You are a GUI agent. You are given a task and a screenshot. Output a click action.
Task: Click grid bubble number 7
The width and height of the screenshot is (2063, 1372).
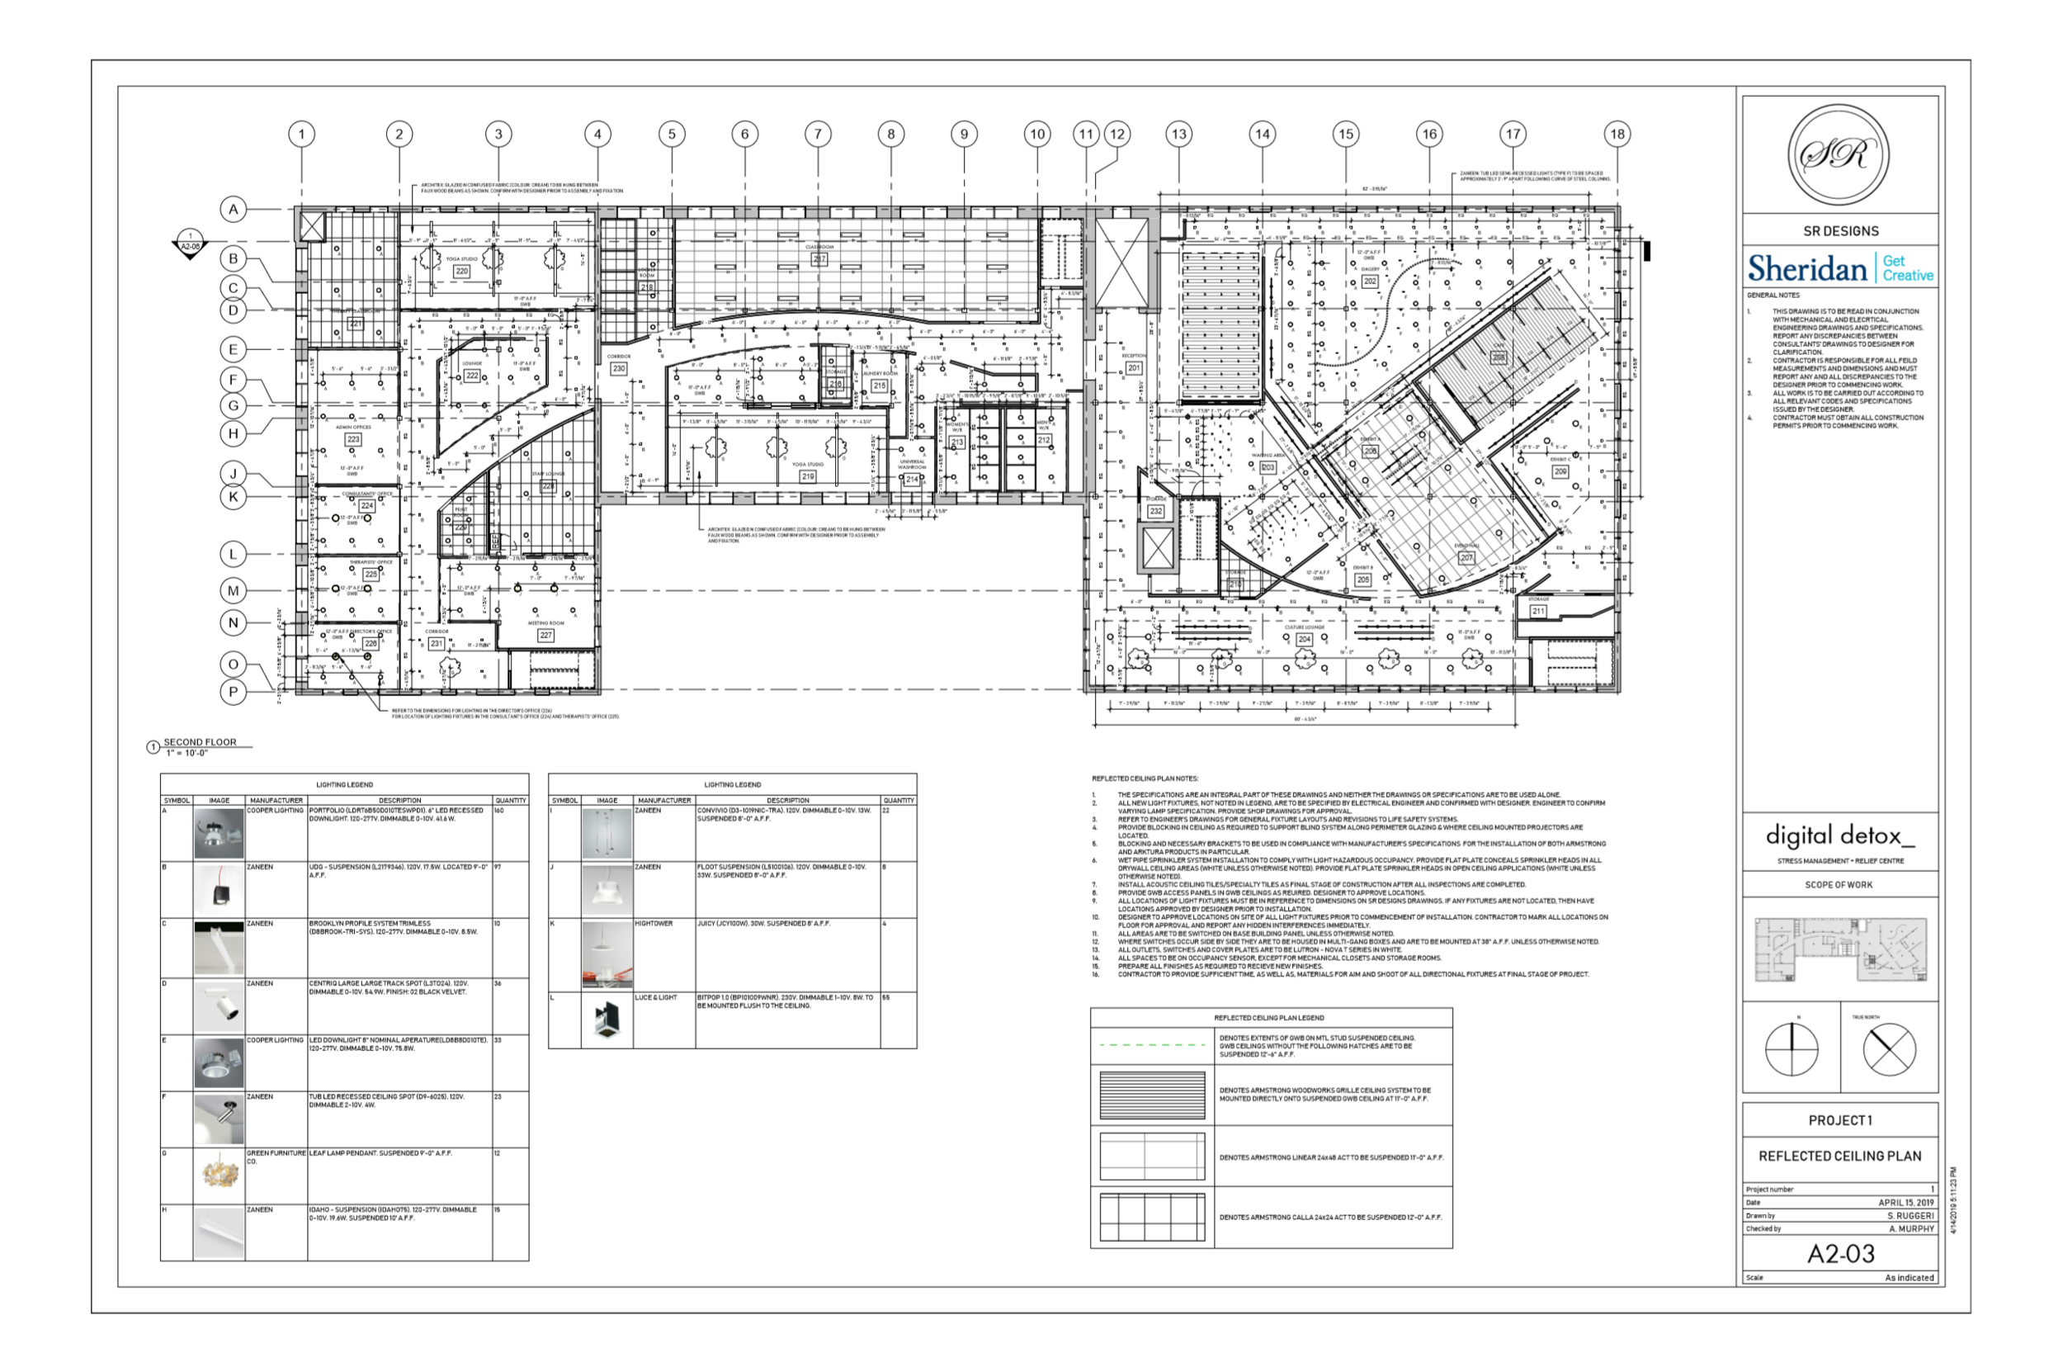pyautogui.click(x=818, y=134)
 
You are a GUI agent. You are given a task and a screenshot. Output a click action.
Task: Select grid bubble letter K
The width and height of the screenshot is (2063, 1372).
pyautogui.click(x=233, y=497)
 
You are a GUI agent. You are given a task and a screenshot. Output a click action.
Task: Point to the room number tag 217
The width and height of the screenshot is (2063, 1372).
pyautogui.click(x=819, y=259)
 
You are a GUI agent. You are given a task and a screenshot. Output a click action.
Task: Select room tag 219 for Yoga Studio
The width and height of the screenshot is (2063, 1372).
pyautogui.click(x=807, y=476)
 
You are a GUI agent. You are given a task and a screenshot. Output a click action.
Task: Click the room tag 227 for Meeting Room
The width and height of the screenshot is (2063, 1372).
pyautogui.click(x=545, y=636)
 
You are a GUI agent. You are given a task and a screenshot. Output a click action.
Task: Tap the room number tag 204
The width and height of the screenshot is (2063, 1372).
pyautogui.click(x=1304, y=639)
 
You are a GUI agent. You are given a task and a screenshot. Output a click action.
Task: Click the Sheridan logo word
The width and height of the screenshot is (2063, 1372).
pyautogui.click(x=1806, y=267)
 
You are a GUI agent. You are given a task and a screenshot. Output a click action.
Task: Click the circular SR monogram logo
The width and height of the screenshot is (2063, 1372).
pyautogui.click(x=1839, y=155)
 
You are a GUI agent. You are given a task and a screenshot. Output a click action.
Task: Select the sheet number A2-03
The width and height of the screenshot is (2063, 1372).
pyautogui.click(x=1840, y=1254)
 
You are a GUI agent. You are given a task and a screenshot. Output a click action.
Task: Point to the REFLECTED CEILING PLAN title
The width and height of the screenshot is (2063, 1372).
pyautogui.click(x=1840, y=1156)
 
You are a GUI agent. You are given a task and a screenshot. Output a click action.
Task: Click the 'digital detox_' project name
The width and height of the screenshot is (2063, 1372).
pyautogui.click(x=1839, y=835)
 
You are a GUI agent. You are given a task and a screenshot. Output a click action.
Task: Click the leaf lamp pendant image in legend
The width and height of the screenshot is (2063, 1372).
pyautogui.click(x=219, y=1173)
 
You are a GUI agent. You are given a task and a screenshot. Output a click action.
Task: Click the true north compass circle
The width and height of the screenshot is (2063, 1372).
pyautogui.click(x=1889, y=1050)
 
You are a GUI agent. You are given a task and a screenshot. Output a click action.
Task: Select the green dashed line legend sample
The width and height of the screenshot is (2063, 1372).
pyautogui.click(x=1151, y=1045)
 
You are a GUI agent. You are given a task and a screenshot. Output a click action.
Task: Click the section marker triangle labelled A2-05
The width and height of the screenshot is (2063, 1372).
pyautogui.click(x=190, y=245)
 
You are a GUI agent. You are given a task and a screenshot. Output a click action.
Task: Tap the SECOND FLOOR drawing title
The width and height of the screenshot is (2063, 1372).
pyautogui.click(x=200, y=742)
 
